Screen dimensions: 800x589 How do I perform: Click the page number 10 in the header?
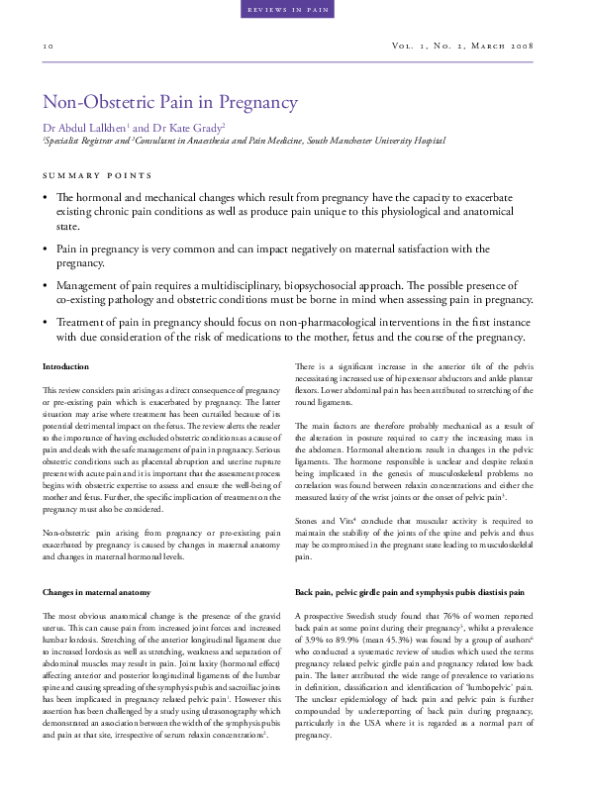(x=48, y=47)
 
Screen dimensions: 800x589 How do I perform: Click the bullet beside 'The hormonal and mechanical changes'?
(x=45, y=198)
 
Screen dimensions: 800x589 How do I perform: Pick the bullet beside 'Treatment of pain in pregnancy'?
(x=45, y=324)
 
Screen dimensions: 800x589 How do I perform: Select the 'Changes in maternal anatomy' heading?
(x=96, y=592)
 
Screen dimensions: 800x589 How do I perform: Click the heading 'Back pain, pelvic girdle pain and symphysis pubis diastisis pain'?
(x=410, y=592)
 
